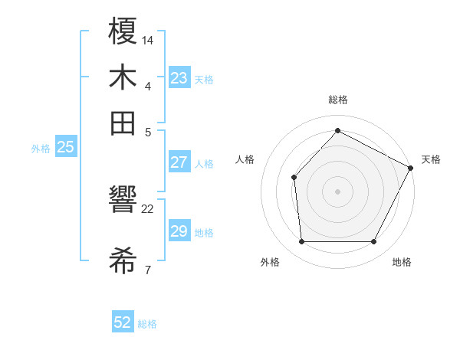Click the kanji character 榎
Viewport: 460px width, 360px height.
coord(123,34)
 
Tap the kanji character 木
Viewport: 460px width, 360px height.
coord(123,78)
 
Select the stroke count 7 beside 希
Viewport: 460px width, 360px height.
coord(148,270)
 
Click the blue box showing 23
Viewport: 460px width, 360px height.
coord(179,78)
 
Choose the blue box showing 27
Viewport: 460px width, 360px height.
coord(179,162)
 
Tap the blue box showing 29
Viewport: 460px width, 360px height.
coord(179,231)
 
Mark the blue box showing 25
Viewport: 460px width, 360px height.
coord(65,148)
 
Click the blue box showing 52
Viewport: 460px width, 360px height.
coord(123,322)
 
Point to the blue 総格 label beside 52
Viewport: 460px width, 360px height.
coord(147,324)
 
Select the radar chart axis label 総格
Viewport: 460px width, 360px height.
coord(337,100)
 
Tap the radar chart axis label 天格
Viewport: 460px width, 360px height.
coord(431,159)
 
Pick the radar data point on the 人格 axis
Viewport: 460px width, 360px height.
coord(294,178)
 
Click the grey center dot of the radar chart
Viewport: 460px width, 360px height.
coord(337,191)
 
